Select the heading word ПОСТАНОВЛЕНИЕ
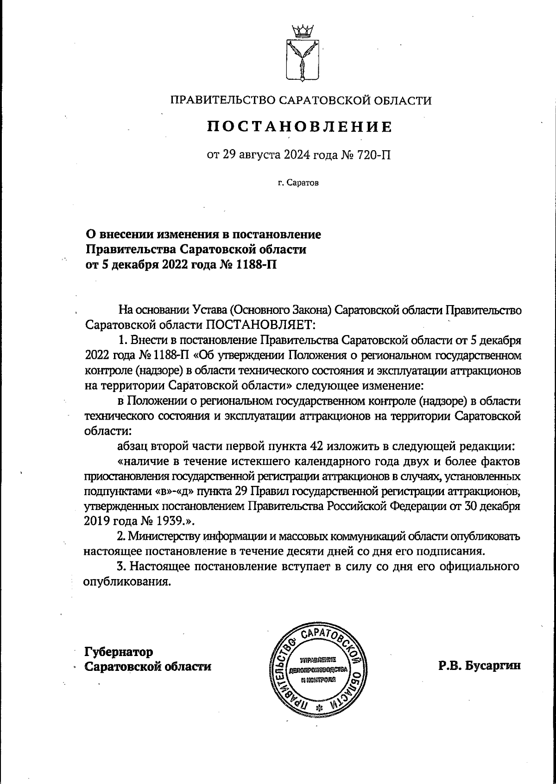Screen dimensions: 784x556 [299, 127]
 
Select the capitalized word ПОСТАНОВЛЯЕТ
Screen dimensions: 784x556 [260, 324]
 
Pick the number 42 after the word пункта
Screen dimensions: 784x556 [316, 446]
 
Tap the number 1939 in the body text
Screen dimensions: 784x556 [158, 521]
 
